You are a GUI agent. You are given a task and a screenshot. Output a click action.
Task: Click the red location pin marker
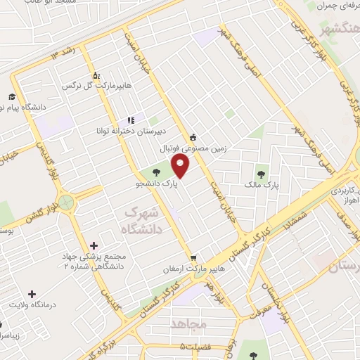181,167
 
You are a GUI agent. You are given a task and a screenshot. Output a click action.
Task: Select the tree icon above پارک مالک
261,170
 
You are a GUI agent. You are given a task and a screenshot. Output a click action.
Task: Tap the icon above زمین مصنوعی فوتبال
193,137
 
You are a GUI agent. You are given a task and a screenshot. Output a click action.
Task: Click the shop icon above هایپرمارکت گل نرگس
96,75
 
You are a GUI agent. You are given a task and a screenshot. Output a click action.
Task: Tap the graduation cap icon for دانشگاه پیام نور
11,97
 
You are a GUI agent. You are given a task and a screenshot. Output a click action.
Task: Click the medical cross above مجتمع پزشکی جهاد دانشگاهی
94,245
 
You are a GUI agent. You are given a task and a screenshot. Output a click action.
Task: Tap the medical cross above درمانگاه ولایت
31,293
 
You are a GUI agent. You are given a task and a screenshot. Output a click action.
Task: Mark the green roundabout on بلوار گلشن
67,203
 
